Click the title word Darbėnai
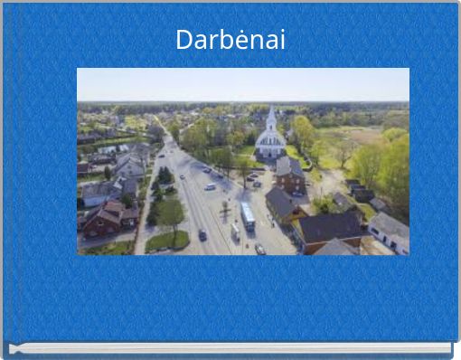[x=230, y=40]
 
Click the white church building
[x=270, y=140]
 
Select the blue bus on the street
[x=248, y=215]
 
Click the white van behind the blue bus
[x=236, y=232]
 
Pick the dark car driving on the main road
[x=202, y=234]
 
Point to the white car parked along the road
[x=211, y=187]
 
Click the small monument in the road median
[x=224, y=209]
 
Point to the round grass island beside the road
[x=167, y=241]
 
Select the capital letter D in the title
[x=183, y=40]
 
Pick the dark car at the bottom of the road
[x=259, y=249]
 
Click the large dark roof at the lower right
[x=329, y=226]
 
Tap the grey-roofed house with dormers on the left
[x=131, y=166]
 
